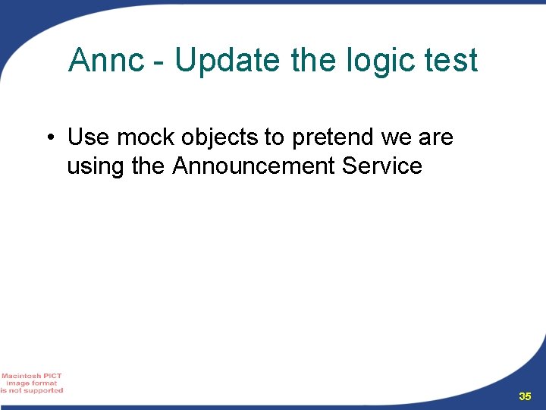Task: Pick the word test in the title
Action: tap(451, 61)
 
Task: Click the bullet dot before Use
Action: tap(49, 138)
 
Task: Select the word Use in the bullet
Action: tap(89, 137)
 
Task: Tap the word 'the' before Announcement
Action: tap(148, 166)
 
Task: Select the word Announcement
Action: tap(253, 166)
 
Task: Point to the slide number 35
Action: tap(525, 396)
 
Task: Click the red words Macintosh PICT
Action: tap(32, 376)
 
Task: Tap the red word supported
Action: tap(43, 390)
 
